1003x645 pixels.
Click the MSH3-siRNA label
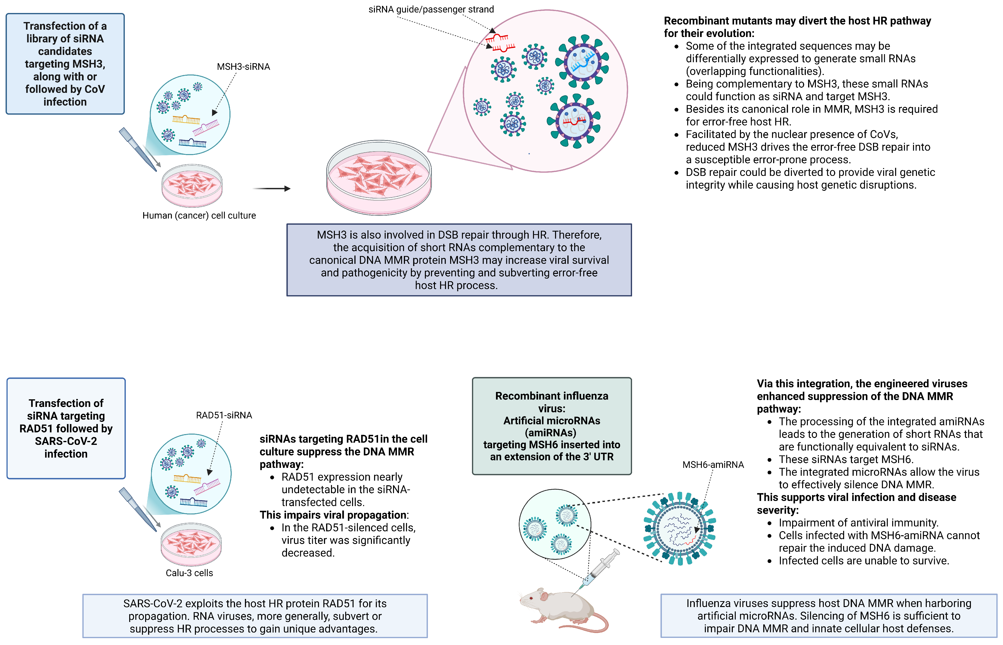243,67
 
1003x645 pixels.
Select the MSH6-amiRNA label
713,464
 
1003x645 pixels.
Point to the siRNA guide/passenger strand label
431,9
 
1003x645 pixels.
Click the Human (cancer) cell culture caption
199,215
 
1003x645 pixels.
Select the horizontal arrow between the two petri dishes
272,188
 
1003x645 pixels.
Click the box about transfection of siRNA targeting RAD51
66,428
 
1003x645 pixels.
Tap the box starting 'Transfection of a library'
65,64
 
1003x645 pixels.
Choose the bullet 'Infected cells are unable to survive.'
863,560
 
